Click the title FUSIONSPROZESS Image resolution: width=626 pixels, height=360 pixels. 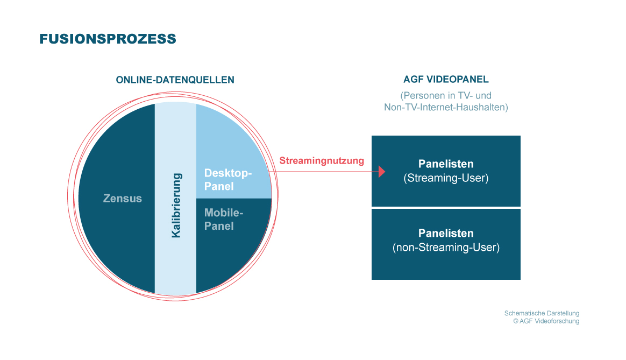[x=108, y=39]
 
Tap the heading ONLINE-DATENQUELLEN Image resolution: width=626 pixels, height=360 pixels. [x=175, y=80]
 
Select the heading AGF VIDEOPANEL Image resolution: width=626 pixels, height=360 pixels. [x=446, y=79]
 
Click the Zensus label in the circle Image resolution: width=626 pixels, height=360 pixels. [x=123, y=199]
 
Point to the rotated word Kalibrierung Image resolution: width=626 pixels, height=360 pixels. [x=176, y=206]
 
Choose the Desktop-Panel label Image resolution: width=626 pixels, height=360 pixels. [x=228, y=180]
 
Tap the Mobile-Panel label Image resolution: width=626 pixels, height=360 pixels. [x=224, y=220]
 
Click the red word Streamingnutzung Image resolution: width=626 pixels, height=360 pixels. [x=322, y=160]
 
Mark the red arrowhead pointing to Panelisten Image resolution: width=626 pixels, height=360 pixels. [x=382, y=172]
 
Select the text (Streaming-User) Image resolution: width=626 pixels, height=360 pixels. [x=446, y=178]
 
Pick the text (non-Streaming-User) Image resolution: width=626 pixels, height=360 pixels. [x=446, y=248]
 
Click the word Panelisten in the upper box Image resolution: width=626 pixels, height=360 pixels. [x=446, y=164]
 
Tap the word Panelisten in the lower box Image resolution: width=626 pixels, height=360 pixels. [x=446, y=234]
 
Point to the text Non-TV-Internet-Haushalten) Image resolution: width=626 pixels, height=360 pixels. [x=446, y=107]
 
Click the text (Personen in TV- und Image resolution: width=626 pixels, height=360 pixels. [x=446, y=95]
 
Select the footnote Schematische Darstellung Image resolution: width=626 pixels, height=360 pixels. [x=542, y=313]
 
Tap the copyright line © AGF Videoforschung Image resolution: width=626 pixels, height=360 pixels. [x=546, y=321]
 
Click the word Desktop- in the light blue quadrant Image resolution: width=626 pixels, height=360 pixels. [x=228, y=173]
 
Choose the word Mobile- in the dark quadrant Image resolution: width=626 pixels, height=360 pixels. [x=224, y=213]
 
